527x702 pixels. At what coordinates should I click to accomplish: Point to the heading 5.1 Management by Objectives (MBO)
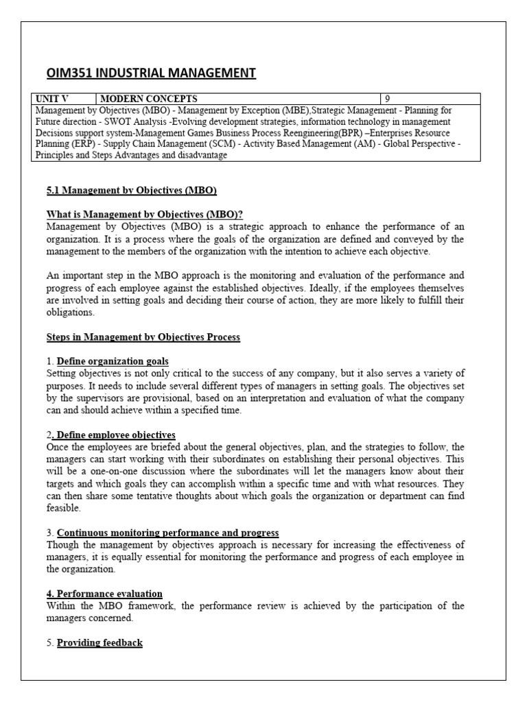click(132, 190)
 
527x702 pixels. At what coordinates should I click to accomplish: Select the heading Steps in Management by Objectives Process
click(143, 337)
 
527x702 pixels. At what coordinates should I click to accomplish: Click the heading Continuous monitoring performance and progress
click(167, 533)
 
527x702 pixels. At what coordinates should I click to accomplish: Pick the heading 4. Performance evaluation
click(104, 594)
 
